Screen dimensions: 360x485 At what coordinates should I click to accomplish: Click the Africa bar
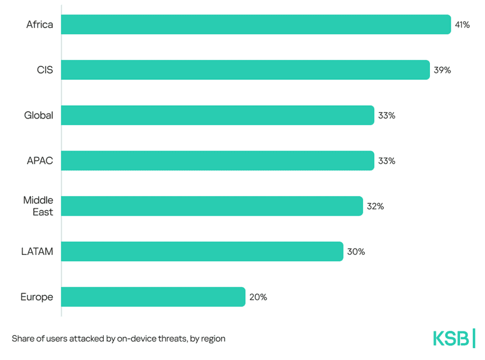coord(255,25)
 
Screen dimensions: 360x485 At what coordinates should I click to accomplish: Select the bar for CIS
coord(245,70)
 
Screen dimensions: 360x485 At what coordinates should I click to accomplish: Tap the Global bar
coord(217,115)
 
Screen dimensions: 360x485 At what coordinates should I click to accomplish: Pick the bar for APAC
coord(217,161)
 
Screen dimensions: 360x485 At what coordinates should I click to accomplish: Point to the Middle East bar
coord(212,206)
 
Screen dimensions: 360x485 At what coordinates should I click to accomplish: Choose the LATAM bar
coord(202,252)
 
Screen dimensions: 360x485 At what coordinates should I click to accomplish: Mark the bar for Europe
coord(153,297)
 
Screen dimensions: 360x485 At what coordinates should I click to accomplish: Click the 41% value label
coord(463,25)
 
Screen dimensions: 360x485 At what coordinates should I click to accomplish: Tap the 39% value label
coord(442,70)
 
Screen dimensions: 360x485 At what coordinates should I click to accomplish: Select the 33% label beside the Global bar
coord(387,115)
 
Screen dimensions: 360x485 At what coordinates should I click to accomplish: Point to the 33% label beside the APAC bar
coord(387,161)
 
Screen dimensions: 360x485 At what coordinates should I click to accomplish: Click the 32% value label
coord(375,206)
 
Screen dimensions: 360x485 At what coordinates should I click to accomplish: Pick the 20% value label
coord(258,297)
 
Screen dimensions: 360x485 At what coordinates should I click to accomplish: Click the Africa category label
coord(39,25)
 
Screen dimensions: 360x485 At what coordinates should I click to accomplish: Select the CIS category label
coord(44,70)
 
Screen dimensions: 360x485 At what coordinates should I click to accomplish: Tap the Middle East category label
coord(38,206)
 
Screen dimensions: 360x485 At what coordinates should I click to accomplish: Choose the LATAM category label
coord(37,252)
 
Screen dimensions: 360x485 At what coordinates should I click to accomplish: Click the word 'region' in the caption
coord(212,339)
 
